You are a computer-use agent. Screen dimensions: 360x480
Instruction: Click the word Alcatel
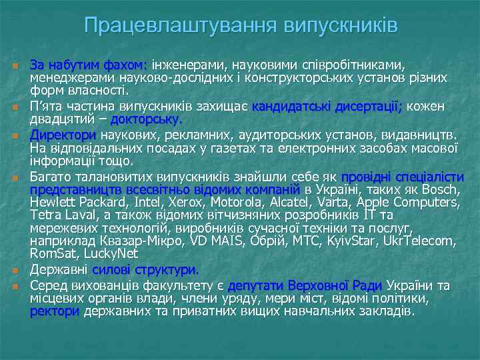pyautogui.click(x=287, y=202)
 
